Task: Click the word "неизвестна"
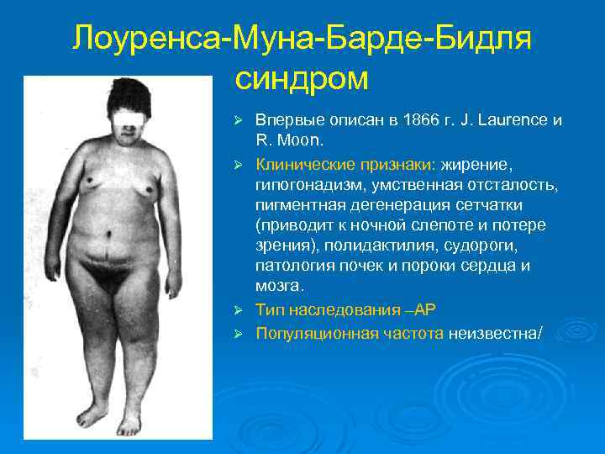494,333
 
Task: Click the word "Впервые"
287,119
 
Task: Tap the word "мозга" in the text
278,286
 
